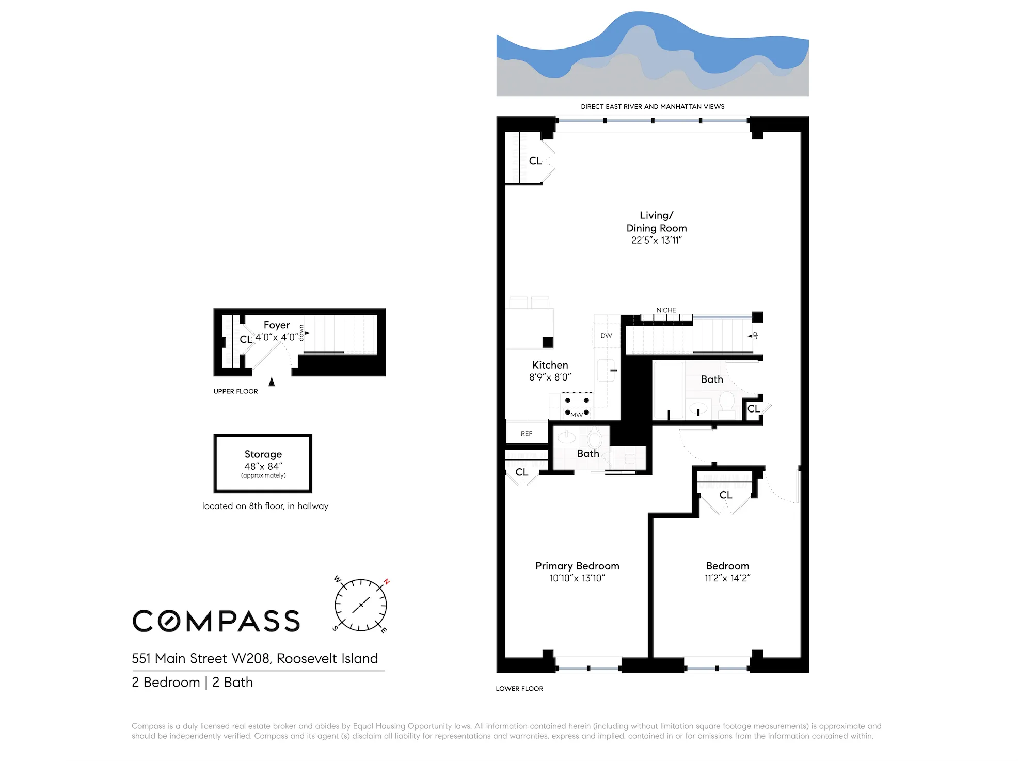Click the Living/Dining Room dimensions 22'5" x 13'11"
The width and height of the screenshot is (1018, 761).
[x=656, y=240]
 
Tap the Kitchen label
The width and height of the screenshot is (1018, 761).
[x=550, y=365]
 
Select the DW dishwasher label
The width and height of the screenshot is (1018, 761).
[x=606, y=336]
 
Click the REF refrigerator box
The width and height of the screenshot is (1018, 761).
[x=527, y=433]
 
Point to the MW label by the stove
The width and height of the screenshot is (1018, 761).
[x=577, y=415]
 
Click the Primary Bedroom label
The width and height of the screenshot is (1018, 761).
[x=577, y=566]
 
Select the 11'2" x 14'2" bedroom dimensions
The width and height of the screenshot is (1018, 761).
[x=727, y=578]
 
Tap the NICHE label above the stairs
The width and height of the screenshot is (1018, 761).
[x=666, y=310]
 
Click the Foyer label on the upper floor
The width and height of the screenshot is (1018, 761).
[x=277, y=325]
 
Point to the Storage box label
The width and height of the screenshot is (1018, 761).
[x=263, y=454]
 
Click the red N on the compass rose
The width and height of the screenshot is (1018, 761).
[x=386, y=582]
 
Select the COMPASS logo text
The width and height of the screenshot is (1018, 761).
[x=216, y=621]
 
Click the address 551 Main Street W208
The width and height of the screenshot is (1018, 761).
[x=254, y=658]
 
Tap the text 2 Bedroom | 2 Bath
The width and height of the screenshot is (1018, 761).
[x=192, y=682]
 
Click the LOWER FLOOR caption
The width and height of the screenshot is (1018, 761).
[x=519, y=688]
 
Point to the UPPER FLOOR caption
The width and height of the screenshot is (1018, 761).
[x=235, y=391]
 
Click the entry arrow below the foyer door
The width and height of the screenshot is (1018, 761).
[x=272, y=382]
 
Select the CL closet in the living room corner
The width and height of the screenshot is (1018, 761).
[x=535, y=161]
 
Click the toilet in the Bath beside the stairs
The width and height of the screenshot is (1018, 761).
[x=727, y=403]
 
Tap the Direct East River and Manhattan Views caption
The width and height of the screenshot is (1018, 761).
[x=653, y=107]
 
